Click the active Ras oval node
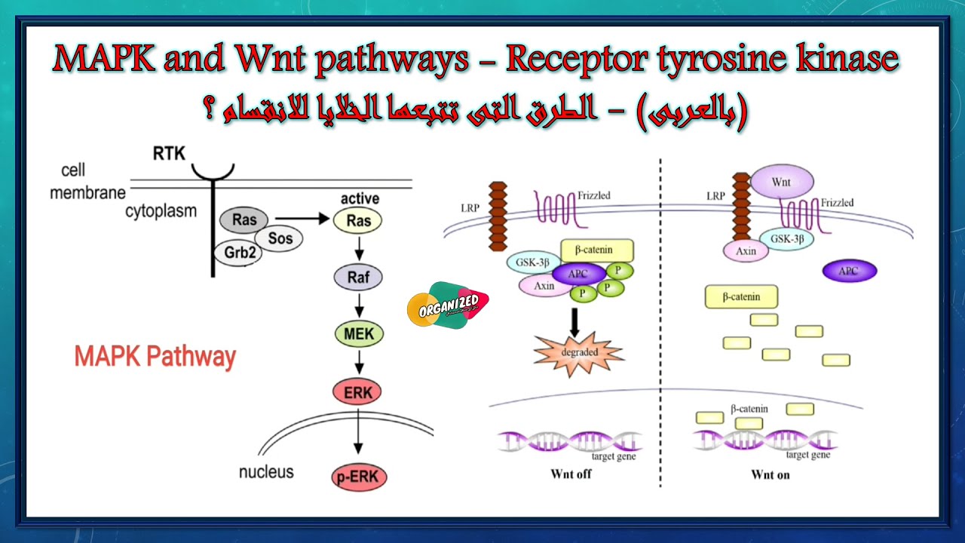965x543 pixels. (359, 220)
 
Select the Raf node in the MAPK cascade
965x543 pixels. (359, 277)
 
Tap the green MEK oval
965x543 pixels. (359, 333)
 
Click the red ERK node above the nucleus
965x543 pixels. (358, 391)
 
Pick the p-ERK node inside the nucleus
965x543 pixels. (359, 477)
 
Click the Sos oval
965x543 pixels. (280, 238)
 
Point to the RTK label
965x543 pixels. (169, 154)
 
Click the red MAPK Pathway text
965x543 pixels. (155, 356)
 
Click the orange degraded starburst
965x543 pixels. (578, 351)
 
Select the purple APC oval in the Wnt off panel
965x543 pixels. (578, 274)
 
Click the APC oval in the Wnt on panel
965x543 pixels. (849, 271)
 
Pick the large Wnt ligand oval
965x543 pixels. (782, 182)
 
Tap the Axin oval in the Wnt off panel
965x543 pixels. (544, 286)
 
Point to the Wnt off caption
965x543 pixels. (571, 474)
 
